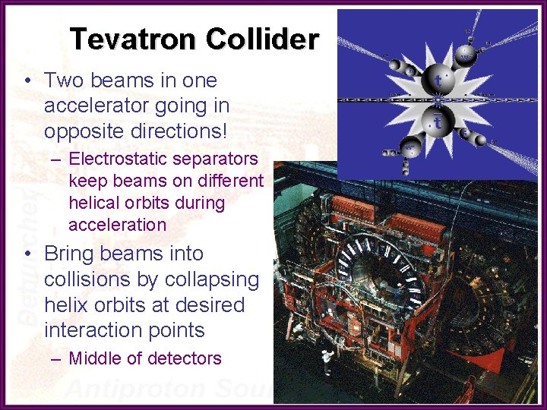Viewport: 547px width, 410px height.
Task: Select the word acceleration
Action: (117, 225)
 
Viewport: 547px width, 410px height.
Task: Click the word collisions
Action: (84, 279)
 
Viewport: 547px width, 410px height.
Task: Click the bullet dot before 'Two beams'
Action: (27, 80)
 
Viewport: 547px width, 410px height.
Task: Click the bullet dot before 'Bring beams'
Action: (27, 254)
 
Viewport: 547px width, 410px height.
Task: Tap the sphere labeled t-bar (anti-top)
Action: (438, 121)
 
